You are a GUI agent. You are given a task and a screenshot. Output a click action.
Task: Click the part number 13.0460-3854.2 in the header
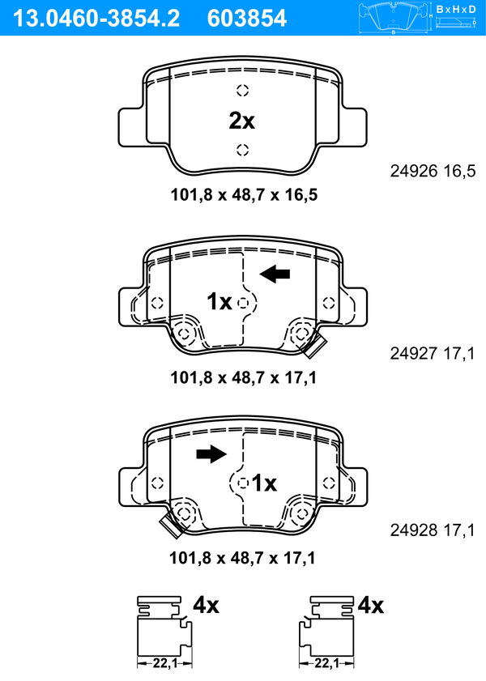(96, 19)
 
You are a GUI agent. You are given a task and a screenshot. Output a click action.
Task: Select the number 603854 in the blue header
(247, 19)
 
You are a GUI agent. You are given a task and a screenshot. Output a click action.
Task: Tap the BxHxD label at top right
(456, 9)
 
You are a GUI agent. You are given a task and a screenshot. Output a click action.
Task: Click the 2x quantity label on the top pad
(242, 121)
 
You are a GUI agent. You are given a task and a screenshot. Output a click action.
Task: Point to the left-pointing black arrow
(275, 274)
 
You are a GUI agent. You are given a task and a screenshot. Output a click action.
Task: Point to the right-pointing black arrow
(211, 453)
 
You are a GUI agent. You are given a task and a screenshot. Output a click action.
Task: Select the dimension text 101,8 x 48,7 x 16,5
(244, 195)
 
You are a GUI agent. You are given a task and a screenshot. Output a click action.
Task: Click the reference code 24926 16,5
(433, 171)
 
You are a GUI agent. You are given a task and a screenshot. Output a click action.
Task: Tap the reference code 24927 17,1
(433, 354)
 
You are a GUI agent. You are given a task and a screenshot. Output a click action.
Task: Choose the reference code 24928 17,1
(433, 530)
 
